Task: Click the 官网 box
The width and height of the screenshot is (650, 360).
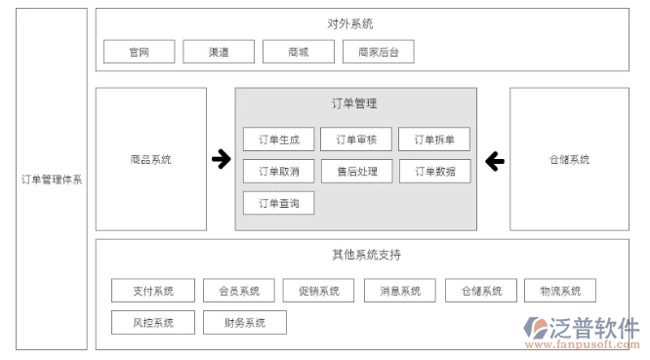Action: point(139,52)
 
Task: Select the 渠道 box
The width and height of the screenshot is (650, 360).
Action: point(219,52)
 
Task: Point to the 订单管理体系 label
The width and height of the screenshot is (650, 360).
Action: point(52,180)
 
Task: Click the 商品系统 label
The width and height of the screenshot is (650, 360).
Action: point(150,159)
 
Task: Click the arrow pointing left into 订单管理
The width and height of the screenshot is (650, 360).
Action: point(494,159)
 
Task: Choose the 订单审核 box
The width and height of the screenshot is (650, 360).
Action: point(356,140)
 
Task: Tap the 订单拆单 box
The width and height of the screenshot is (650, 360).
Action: point(434,140)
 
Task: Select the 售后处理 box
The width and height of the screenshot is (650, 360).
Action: point(356,172)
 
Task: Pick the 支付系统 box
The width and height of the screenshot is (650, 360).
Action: point(155,291)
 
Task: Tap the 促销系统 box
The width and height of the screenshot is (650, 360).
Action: point(319,291)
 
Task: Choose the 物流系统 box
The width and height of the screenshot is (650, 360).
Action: point(560,291)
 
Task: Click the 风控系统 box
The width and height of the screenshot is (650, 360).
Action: point(155,322)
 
